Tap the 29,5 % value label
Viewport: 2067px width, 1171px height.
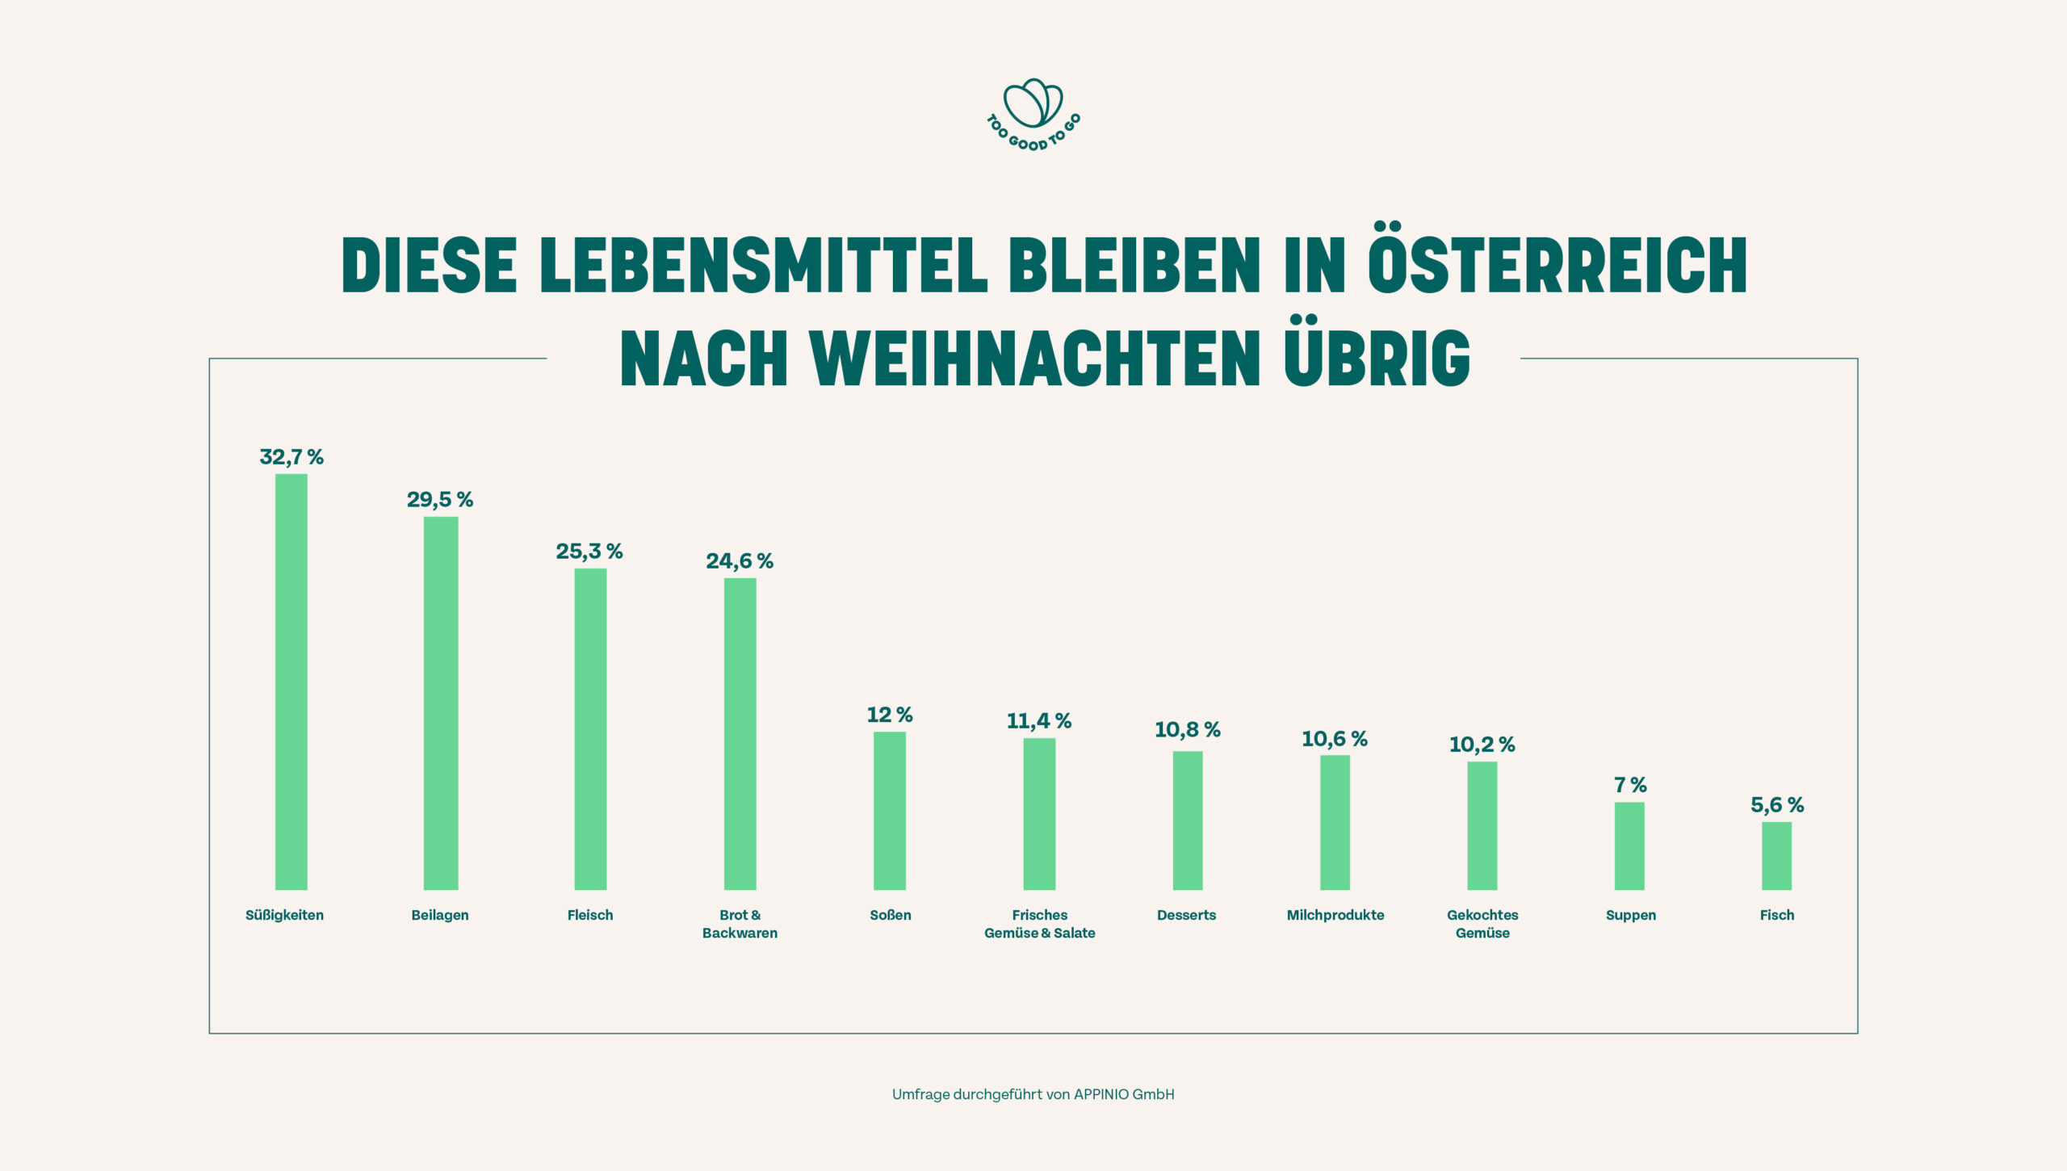440,500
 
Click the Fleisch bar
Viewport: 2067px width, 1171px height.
590,728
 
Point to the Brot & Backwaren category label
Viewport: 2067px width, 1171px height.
740,924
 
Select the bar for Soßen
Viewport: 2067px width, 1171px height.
890,810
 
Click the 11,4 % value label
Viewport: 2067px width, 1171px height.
1038,721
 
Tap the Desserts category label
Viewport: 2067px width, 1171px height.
1186,915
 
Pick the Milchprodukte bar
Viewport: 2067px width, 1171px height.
1335,822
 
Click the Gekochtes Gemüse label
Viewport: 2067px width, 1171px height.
1482,924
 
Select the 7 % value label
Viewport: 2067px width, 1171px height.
1630,785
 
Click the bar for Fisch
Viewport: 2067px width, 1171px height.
1776,855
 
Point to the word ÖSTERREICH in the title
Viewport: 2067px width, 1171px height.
1558,264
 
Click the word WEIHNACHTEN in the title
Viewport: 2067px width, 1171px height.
1035,359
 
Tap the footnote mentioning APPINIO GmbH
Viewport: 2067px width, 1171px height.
1033,1094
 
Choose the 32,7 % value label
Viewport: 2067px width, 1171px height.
291,457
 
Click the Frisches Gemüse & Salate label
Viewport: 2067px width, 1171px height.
1039,924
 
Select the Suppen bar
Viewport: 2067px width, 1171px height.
1629,846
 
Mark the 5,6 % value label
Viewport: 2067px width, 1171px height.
1776,805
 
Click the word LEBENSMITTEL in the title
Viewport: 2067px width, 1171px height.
764,264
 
